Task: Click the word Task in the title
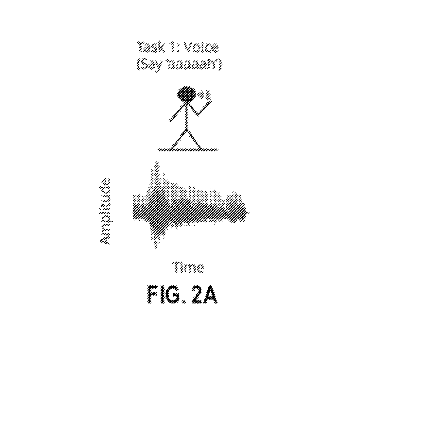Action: tap(150, 47)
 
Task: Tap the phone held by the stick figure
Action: tap(205, 96)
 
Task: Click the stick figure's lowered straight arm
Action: tap(177, 113)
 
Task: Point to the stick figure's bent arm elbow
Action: tap(198, 115)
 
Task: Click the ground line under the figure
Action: tap(188, 149)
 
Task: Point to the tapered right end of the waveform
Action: tap(248, 212)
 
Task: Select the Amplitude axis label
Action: tap(105, 212)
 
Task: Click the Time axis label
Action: tap(188, 267)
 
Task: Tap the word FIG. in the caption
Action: tap(166, 295)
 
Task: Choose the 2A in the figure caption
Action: tap(204, 295)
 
